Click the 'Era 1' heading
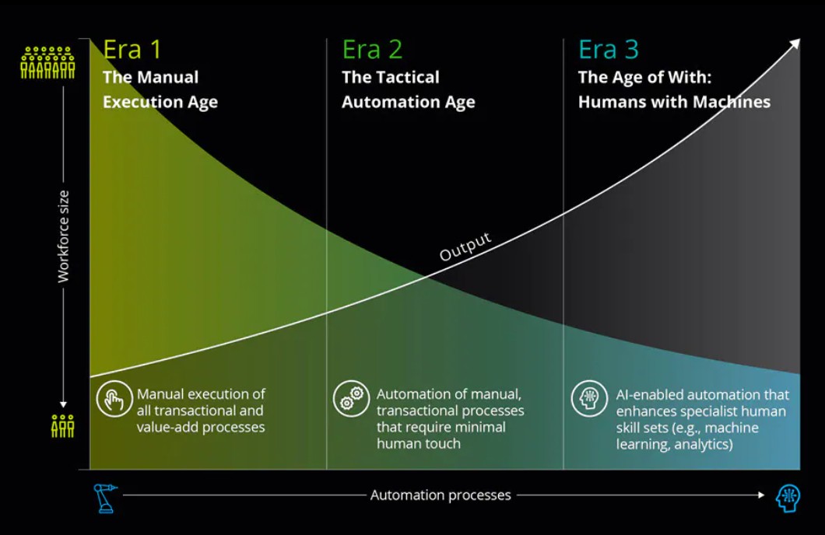pyautogui.click(x=132, y=50)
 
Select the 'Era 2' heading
pyautogui.click(x=372, y=50)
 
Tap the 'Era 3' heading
pyautogui.click(x=608, y=50)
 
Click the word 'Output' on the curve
pyautogui.click(x=465, y=247)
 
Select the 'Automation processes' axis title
pyautogui.click(x=441, y=495)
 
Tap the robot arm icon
pyautogui.click(x=104, y=498)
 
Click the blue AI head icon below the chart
pyautogui.click(x=788, y=498)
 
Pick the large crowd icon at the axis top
pyautogui.click(x=47, y=63)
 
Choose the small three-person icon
pyautogui.click(x=63, y=425)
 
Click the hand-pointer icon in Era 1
pyautogui.click(x=113, y=400)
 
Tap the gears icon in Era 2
pyautogui.click(x=349, y=400)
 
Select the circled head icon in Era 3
pyautogui.click(x=587, y=398)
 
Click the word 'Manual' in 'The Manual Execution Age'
pyautogui.click(x=167, y=78)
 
